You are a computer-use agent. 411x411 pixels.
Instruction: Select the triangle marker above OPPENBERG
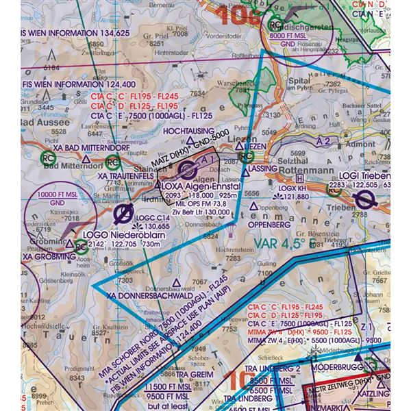pos(254,207)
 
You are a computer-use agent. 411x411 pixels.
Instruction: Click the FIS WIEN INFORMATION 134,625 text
pos(75,32)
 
